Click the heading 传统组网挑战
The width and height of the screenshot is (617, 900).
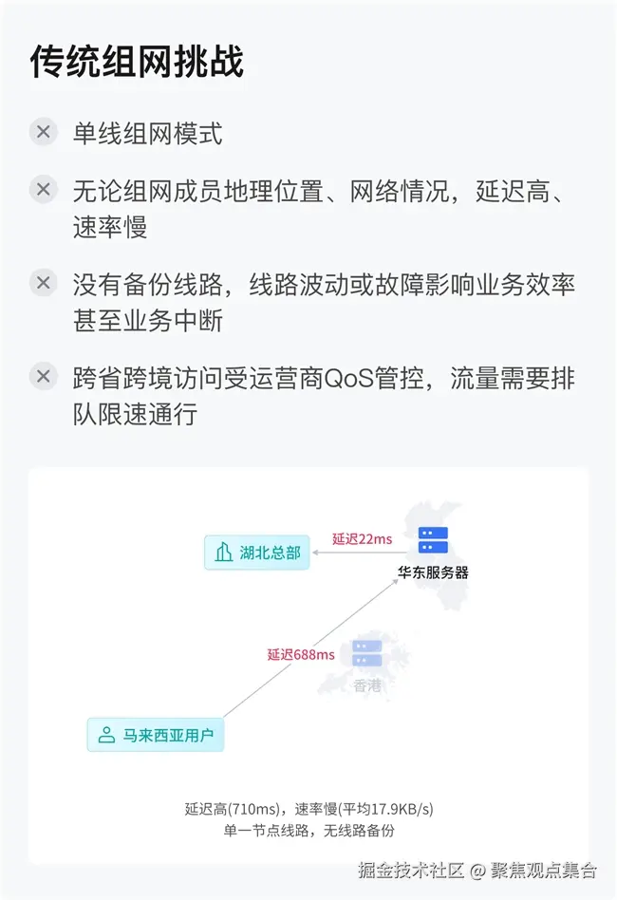click(137, 61)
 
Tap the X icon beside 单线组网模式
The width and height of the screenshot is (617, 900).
click(43, 132)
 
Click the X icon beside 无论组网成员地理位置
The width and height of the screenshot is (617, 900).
click(43, 189)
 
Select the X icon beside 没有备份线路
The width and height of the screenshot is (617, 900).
click(43, 282)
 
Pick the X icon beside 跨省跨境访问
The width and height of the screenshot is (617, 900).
click(43, 376)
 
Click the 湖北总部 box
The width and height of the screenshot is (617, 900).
click(257, 553)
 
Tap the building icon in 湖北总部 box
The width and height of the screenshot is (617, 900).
click(224, 553)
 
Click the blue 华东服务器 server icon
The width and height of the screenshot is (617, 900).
click(433, 542)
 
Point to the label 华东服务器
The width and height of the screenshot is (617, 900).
click(433, 572)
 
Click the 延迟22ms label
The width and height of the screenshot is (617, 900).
click(362, 539)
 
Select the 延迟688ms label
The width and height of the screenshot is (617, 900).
click(300, 655)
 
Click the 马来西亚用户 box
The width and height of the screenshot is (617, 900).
click(156, 734)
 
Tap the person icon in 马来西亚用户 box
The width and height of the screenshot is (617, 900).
click(106, 734)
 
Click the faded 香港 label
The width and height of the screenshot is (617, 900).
click(366, 685)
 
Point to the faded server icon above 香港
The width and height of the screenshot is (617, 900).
click(366, 653)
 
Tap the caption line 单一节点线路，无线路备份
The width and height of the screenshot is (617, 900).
click(308, 831)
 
